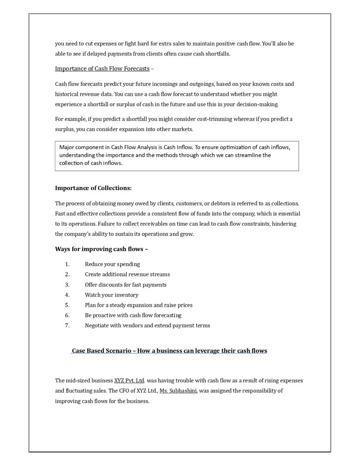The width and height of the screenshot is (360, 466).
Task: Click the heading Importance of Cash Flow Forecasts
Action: click(102, 69)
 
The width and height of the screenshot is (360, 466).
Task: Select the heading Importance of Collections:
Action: click(93, 187)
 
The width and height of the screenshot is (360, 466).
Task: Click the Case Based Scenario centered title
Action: click(169, 351)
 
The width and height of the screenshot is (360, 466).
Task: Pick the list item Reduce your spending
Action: click(112, 264)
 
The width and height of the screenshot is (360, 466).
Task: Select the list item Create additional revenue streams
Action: click(127, 274)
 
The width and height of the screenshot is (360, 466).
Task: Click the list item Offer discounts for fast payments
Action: click(126, 284)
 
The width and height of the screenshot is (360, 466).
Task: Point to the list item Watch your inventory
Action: click(112, 295)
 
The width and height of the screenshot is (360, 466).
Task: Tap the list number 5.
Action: click(67, 305)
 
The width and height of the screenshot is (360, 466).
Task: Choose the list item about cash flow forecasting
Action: click(133, 315)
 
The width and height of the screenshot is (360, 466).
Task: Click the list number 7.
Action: click(67, 325)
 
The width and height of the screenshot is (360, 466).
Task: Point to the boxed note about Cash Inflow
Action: click(177, 155)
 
